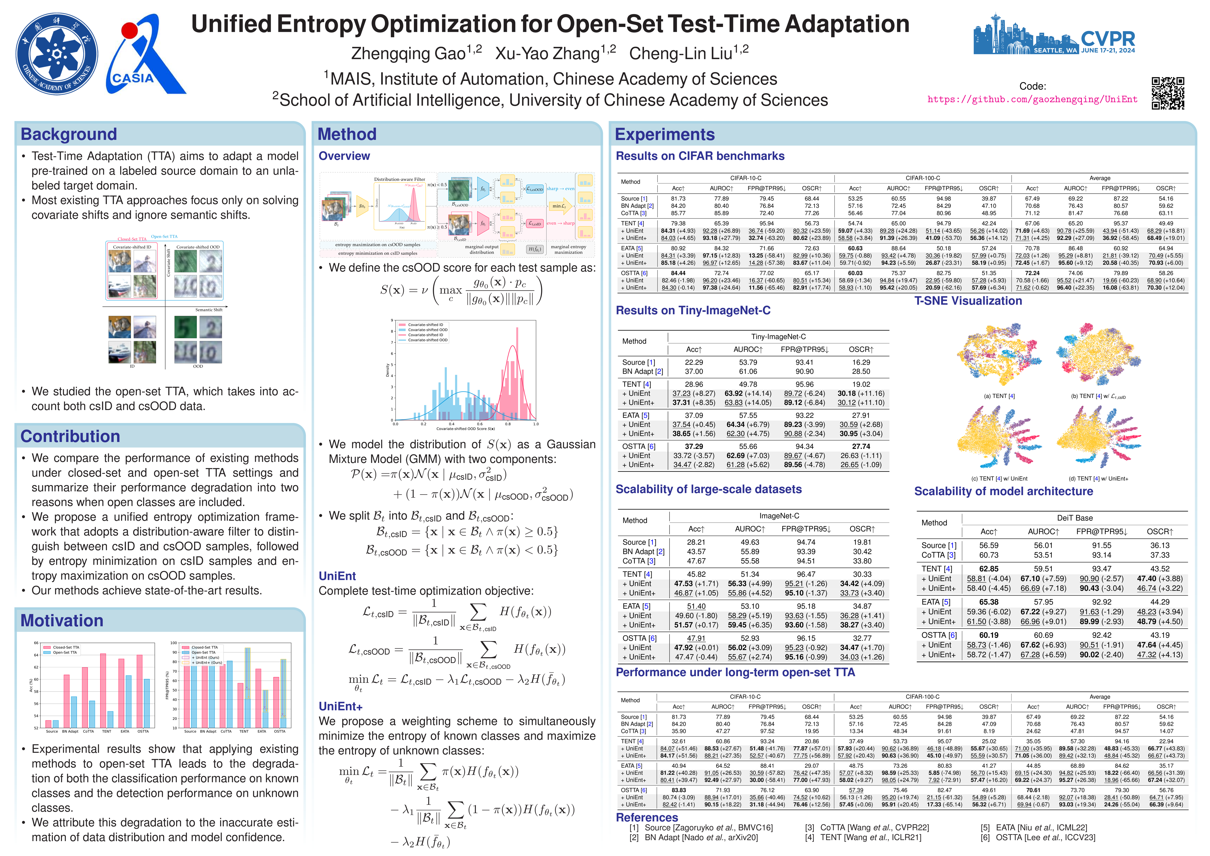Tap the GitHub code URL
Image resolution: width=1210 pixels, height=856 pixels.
click(x=1032, y=99)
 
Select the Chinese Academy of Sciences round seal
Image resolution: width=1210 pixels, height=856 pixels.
click(x=57, y=54)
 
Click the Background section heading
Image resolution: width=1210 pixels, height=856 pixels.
click(x=69, y=134)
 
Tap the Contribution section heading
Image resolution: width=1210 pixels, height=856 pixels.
click(x=70, y=436)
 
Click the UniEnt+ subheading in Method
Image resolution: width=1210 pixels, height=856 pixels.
click(x=341, y=706)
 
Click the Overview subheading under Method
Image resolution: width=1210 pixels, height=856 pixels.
click(x=344, y=156)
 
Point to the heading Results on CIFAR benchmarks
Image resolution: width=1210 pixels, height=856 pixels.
click(x=700, y=156)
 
